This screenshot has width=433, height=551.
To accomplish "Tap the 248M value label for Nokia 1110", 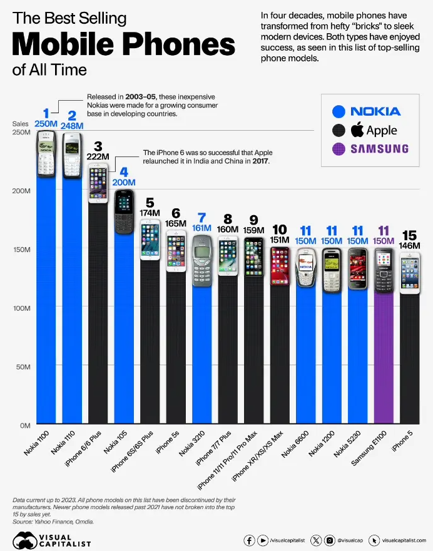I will point(72,125).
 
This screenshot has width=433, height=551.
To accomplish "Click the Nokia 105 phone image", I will point(125,211).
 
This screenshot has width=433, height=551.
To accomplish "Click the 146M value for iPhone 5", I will point(410,246).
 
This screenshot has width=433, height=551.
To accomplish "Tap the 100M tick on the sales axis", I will point(22,308).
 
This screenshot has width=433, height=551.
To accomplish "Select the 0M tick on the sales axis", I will point(25,425).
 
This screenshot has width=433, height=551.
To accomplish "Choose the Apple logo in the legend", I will point(357,130).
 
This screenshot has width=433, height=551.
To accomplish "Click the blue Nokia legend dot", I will point(339,112).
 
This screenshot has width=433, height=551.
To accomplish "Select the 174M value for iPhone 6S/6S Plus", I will point(150,213).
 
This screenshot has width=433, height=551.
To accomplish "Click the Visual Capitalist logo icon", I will point(26,539).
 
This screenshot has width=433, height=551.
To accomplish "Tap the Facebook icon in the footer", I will point(249,539).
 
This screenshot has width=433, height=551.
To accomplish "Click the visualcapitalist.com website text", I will point(404,539).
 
